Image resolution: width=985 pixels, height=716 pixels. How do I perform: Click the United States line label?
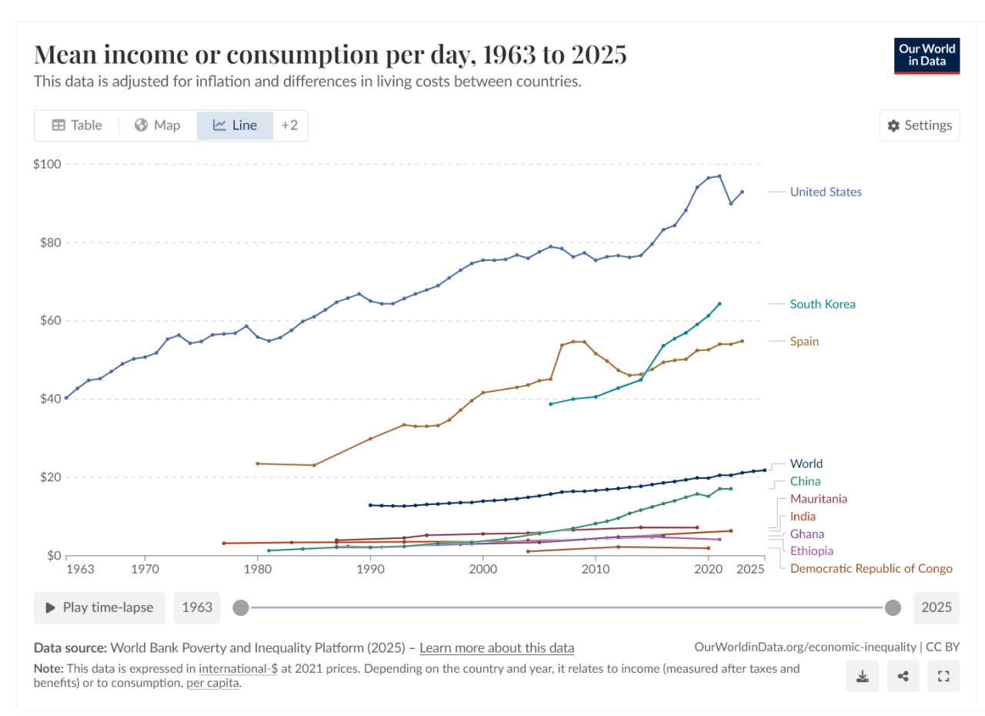(826, 192)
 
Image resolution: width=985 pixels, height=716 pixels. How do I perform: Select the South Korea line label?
(823, 304)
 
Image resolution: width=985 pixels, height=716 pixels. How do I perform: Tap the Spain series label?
(804, 341)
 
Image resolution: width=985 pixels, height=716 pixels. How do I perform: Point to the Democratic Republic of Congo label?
(871, 569)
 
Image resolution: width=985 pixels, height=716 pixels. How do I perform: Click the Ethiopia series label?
(811, 551)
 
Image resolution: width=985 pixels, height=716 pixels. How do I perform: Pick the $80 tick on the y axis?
(48, 243)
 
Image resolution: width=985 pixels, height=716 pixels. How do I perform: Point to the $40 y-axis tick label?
(48, 399)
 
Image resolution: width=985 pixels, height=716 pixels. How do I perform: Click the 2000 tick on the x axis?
(482, 570)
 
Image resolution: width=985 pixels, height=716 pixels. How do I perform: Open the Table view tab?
(77, 125)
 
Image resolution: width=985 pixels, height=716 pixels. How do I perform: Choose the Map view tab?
(158, 125)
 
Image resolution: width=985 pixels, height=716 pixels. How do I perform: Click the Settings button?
(920, 125)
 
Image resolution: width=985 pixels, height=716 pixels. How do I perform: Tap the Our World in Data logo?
(927, 55)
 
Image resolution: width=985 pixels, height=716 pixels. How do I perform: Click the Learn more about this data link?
(496, 647)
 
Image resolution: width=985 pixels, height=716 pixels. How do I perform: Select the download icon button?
(863, 677)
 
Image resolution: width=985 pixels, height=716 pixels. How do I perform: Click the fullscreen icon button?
(943, 677)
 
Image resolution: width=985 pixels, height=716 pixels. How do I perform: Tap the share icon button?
(903, 677)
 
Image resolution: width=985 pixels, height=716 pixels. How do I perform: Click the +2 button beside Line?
(289, 125)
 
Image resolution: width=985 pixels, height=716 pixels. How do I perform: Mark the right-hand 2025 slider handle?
(893, 607)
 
